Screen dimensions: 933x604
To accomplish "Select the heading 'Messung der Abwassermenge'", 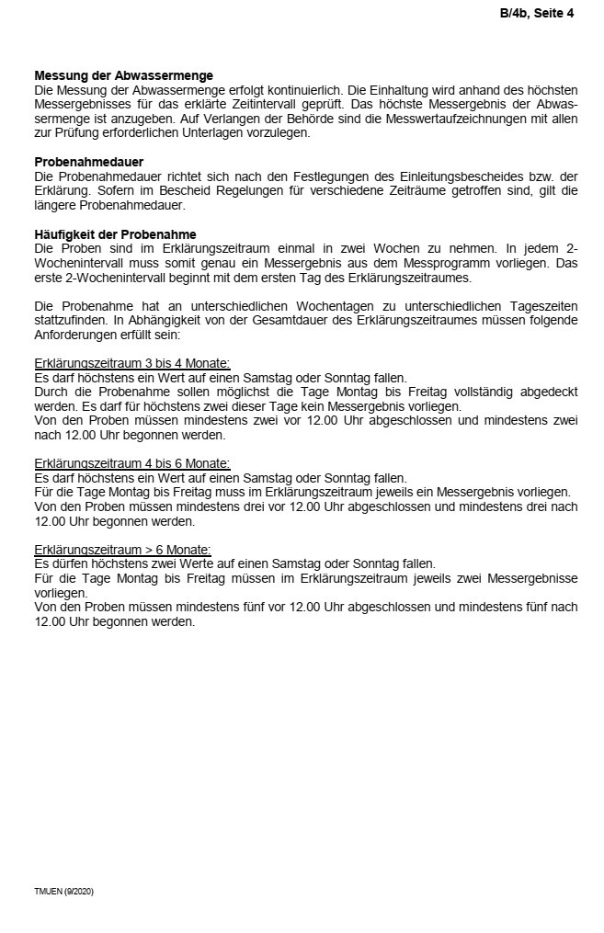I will point(123,75).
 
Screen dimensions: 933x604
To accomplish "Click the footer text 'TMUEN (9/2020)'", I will point(63,892).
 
